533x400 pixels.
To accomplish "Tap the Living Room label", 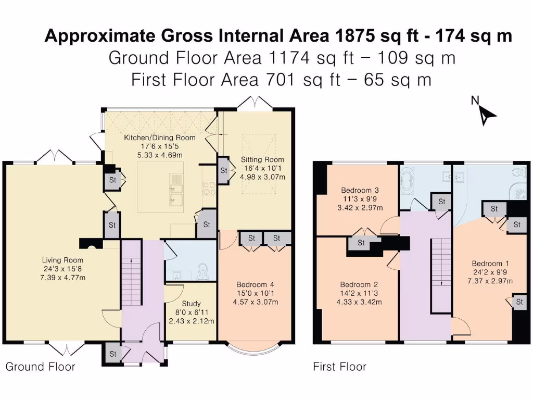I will coord(64,268).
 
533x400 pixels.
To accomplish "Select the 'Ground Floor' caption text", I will coord(40,367).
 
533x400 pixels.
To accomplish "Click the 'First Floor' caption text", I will coord(339,367).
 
